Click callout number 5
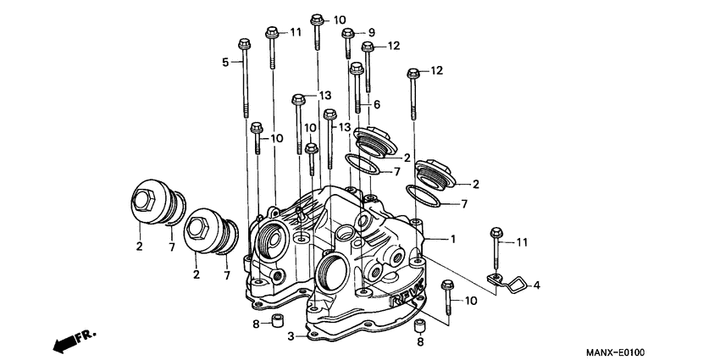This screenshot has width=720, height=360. point(225,62)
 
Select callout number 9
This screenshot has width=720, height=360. point(370,32)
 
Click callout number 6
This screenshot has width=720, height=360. point(377,104)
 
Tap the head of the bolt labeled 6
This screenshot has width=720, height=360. point(357,67)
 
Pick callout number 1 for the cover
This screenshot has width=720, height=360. point(453,240)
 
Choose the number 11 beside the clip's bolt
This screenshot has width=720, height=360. point(522,242)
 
